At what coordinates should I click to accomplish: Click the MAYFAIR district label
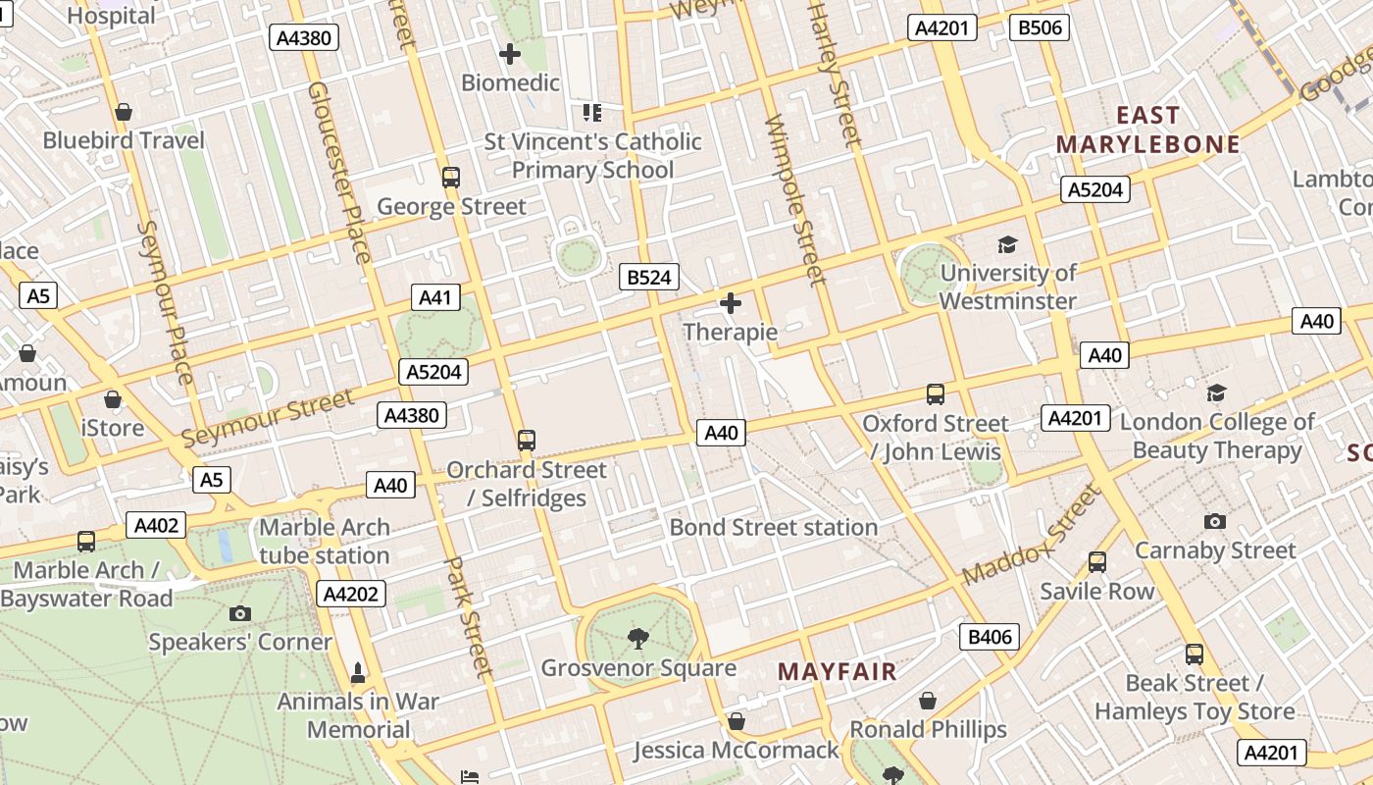(x=837, y=672)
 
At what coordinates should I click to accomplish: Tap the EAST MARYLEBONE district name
(x=1147, y=131)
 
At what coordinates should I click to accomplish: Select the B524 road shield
(x=649, y=278)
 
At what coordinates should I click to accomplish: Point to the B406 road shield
(x=990, y=638)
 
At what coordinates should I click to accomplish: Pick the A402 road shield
(x=156, y=526)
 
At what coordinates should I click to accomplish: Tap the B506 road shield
(x=1039, y=27)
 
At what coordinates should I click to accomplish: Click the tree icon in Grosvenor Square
(x=638, y=639)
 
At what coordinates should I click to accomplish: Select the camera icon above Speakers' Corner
(x=239, y=614)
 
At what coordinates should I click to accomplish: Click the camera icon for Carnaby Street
(x=1215, y=522)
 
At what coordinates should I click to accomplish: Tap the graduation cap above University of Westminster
(x=1007, y=244)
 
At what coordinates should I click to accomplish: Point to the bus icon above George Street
(x=451, y=178)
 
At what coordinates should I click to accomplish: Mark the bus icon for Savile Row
(x=1097, y=562)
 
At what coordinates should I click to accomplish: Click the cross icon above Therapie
(x=730, y=303)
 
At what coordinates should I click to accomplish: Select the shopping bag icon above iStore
(x=113, y=400)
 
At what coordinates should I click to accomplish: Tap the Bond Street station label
(x=773, y=527)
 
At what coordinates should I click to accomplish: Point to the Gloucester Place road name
(x=339, y=172)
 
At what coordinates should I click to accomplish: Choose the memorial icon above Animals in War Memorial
(x=358, y=673)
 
